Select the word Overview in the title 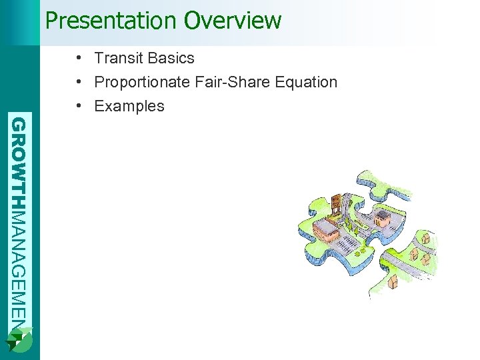[233, 21]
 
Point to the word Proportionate [141, 83]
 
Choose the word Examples [129, 107]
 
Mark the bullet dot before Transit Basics [79, 59]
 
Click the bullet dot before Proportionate [79, 83]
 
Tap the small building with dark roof [383, 217]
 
